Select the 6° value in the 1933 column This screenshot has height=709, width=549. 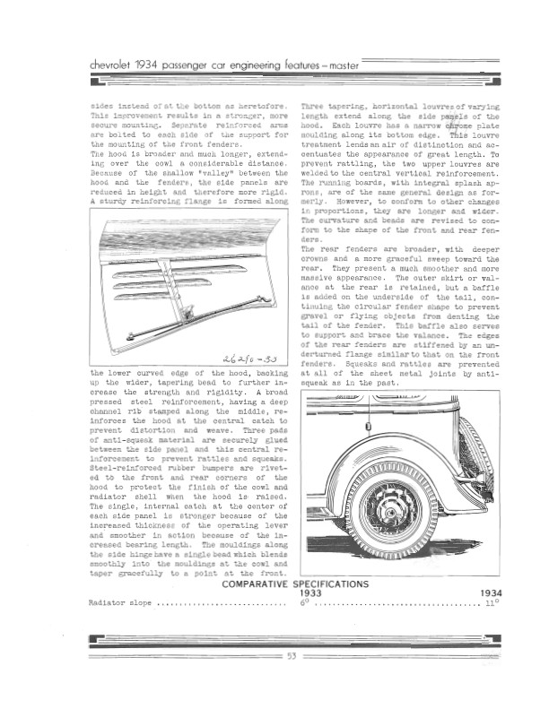(305, 604)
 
